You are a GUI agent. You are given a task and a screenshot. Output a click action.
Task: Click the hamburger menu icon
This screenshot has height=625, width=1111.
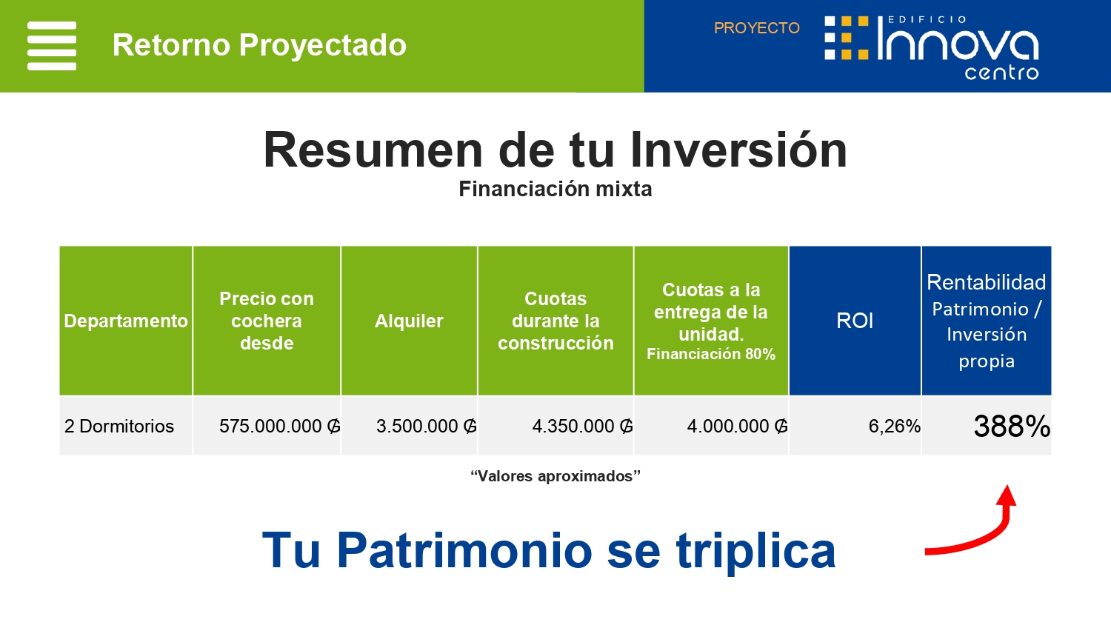pos(52,46)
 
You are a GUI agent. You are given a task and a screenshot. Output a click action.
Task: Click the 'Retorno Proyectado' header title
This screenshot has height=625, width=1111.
pos(259,44)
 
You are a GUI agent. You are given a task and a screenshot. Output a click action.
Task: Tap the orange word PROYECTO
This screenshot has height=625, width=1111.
pos(756,28)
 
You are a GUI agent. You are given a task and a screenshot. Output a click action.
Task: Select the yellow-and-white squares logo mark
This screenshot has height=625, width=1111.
pos(846,38)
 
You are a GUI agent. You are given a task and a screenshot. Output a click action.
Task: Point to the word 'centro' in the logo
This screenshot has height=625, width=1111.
pos(1001,73)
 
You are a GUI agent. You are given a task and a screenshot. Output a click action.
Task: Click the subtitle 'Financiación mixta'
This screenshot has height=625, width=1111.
pos(555,189)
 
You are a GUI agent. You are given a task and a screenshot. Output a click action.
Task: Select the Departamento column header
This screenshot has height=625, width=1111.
pos(126,321)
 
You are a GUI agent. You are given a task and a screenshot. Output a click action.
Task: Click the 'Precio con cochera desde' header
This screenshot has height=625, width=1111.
pos(267,321)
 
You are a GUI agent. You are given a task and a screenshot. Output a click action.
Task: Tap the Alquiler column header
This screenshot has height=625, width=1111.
pos(409,321)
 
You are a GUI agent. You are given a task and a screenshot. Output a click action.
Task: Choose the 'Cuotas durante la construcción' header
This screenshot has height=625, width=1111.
pos(555,321)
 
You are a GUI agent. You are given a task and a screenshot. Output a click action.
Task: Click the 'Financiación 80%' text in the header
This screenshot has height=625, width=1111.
pos(711,354)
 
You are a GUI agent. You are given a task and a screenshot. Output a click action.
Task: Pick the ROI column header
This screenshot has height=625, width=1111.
pos(855,321)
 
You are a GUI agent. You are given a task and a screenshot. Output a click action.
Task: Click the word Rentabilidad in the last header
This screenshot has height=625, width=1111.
pos(986,282)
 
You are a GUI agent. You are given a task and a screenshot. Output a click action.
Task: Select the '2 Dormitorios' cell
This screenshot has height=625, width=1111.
pos(119,426)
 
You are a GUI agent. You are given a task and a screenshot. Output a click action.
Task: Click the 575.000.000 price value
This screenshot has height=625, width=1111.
pos(280,426)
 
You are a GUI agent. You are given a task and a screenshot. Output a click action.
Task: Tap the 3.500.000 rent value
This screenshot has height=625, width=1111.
pos(426,426)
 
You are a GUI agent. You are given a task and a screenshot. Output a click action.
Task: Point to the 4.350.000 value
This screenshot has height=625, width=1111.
pos(582,426)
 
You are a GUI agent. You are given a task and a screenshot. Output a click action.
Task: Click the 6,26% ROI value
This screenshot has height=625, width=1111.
pos(894,426)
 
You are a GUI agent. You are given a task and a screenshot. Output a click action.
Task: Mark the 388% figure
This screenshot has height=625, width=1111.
pos(1012,426)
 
